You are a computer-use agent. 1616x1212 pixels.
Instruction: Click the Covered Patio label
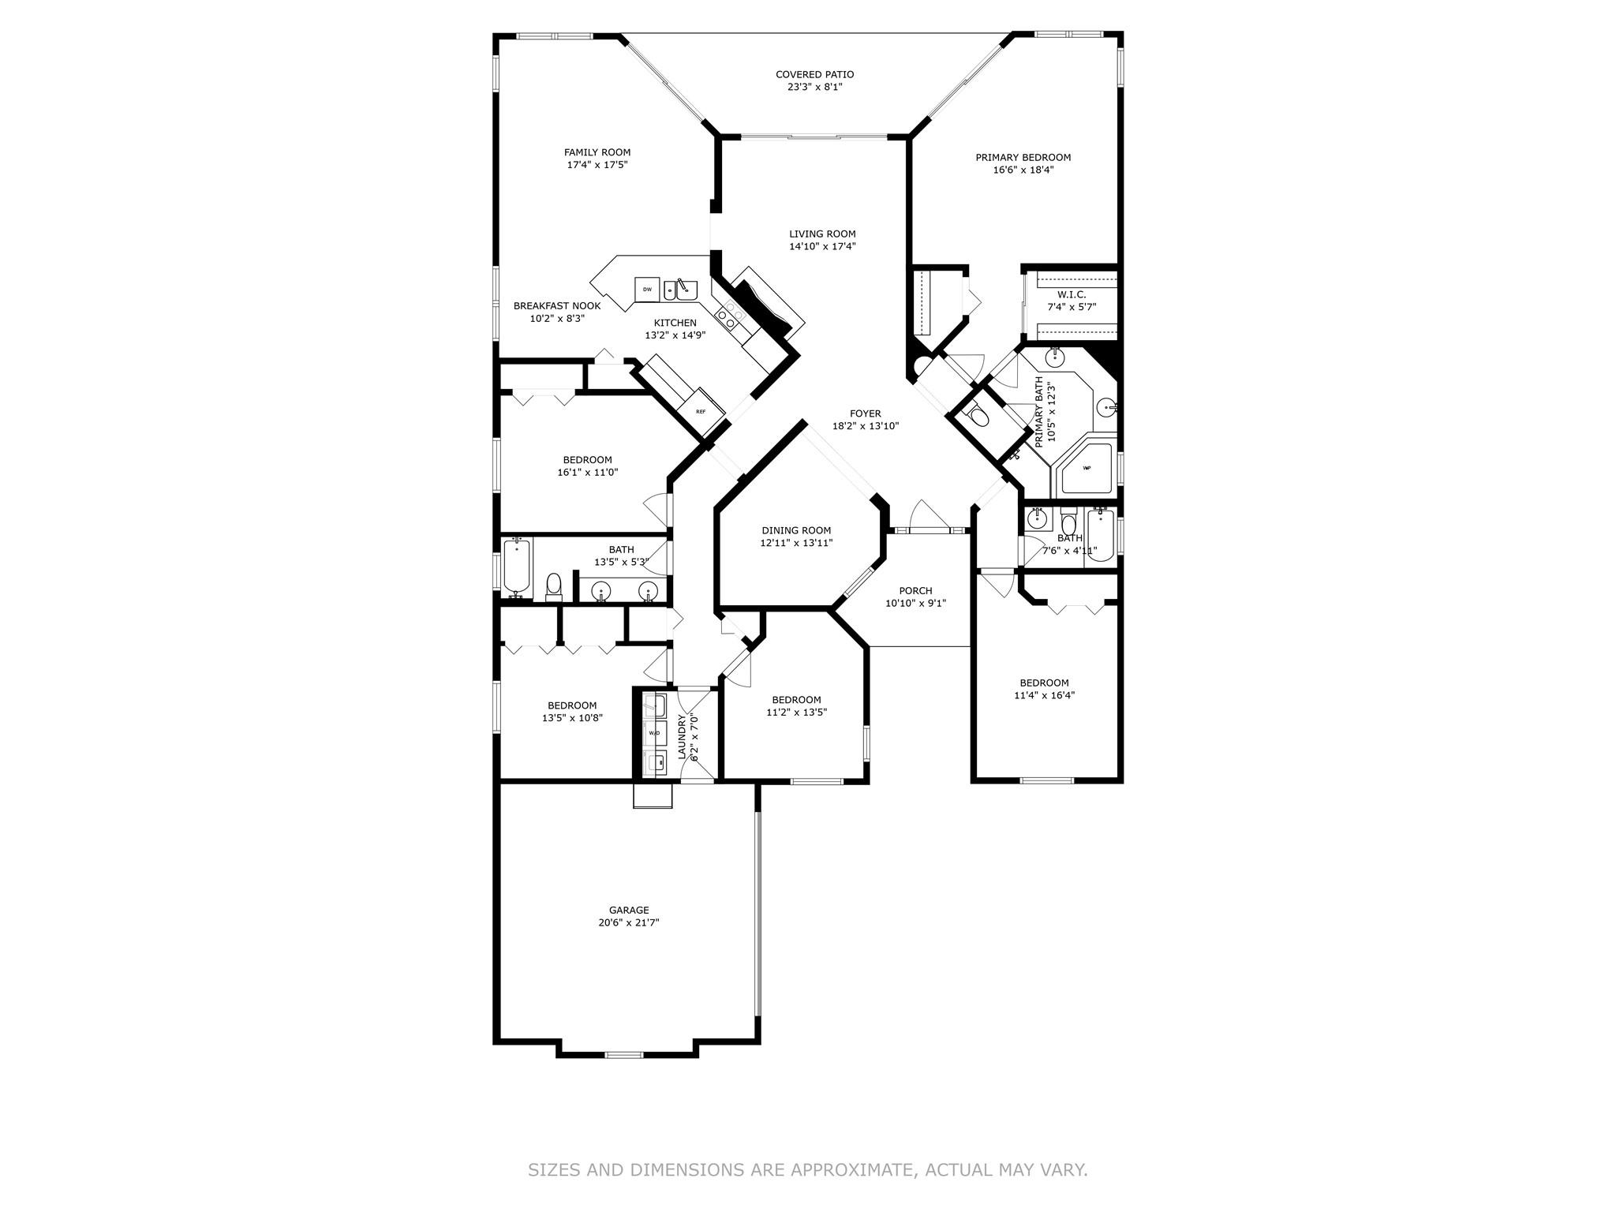click(x=814, y=74)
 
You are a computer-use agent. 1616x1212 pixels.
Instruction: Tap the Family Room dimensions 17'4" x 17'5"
click(x=597, y=165)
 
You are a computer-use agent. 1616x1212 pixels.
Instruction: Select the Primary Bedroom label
click(x=1023, y=157)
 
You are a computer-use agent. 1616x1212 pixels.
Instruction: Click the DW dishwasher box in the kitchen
click(x=647, y=290)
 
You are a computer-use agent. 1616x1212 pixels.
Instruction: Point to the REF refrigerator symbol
click(x=700, y=411)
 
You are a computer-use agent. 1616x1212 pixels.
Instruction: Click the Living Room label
click(x=822, y=234)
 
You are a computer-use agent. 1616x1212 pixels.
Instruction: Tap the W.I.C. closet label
click(x=1072, y=294)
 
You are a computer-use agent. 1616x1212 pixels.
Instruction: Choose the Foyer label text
click(x=866, y=413)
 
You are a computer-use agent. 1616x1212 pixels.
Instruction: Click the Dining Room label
click(x=796, y=530)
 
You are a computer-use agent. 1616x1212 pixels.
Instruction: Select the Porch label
click(x=915, y=590)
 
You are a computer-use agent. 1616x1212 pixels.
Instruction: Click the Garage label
click(x=629, y=910)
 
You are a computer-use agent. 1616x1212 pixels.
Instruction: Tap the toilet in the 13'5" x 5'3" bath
click(x=553, y=585)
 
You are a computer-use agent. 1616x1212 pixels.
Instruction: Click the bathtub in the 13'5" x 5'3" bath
click(x=517, y=565)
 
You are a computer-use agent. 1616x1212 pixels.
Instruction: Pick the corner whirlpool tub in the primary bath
click(x=1086, y=469)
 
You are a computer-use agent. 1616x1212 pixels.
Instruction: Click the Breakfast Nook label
click(x=557, y=306)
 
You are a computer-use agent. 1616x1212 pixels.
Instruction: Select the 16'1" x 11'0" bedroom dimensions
click(x=588, y=473)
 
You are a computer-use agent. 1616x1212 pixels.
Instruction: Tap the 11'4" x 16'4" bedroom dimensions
click(x=1045, y=696)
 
